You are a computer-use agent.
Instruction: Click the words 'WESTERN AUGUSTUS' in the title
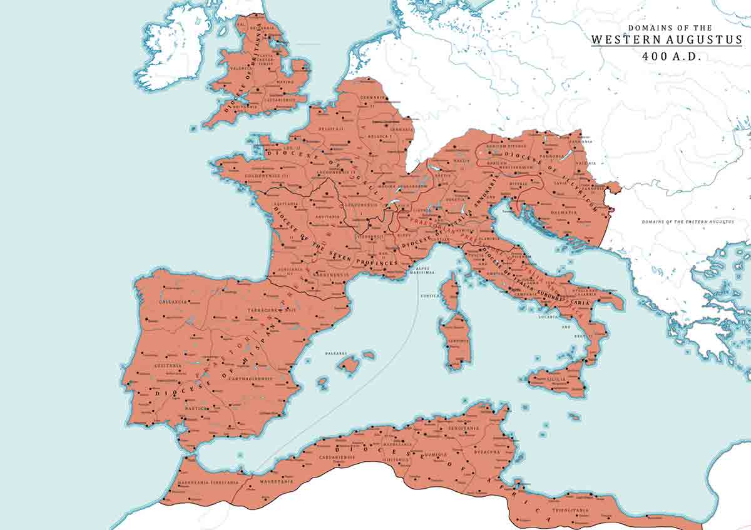click(666, 39)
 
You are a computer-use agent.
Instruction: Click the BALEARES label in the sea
click(335, 353)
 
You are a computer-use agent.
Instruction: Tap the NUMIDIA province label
click(434, 454)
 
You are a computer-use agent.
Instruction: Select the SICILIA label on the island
click(558, 379)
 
